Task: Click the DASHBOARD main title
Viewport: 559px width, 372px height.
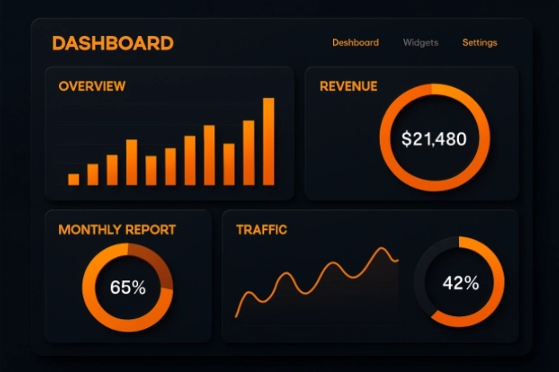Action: (113, 43)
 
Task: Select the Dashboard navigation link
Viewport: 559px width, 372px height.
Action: (355, 42)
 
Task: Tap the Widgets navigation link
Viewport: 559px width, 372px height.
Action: (420, 42)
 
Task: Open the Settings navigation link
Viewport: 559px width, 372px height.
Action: (479, 42)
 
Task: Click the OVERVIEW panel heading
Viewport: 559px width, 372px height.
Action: (92, 86)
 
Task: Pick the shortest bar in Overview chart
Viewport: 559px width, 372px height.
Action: (73, 179)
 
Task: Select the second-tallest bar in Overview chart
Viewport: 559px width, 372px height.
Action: (248, 152)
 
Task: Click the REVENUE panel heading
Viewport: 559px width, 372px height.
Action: (348, 86)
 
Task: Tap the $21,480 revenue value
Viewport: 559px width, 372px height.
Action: (434, 139)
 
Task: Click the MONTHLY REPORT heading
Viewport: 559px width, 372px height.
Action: (117, 230)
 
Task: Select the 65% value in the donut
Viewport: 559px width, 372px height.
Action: (128, 287)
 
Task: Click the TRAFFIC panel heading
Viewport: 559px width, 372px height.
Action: (261, 230)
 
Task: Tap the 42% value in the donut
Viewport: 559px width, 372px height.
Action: (460, 283)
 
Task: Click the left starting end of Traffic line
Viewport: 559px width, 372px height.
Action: (236, 316)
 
